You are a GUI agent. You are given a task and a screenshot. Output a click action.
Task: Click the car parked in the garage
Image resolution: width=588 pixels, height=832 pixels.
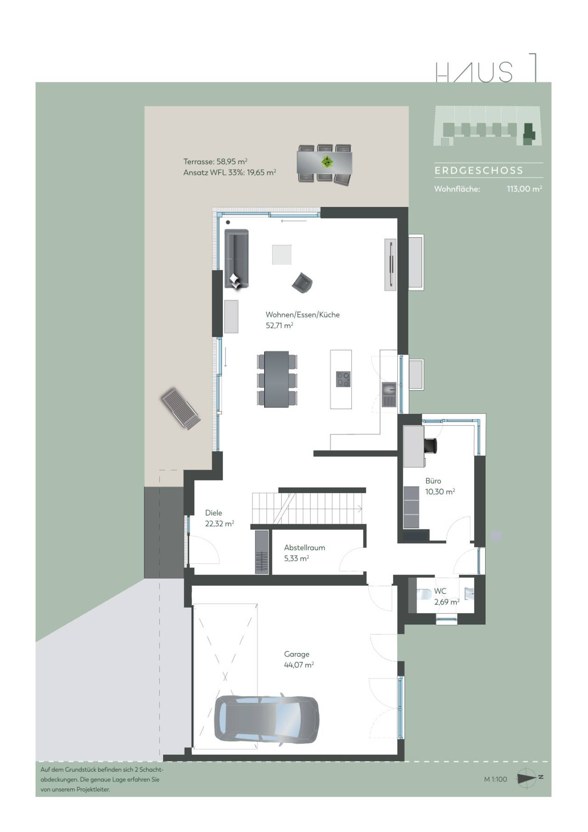click(x=266, y=718)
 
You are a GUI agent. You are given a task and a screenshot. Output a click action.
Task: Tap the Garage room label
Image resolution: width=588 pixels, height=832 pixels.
click(x=296, y=654)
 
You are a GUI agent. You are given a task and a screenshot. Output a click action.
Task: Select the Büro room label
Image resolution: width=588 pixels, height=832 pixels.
click(x=433, y=481)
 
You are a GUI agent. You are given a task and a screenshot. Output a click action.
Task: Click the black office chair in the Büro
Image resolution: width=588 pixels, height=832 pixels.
click(x=430, y=446)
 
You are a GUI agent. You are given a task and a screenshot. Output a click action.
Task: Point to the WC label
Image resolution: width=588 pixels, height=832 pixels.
click(x=440, y=591)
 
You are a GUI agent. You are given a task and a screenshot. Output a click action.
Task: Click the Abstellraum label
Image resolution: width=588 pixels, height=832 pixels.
click(x=304, y=547)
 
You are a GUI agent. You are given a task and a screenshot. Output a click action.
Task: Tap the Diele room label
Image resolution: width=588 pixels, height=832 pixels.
click(x=213, y=512)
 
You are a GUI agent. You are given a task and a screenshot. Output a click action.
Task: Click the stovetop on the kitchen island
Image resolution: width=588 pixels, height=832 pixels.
click(x=343, y=379)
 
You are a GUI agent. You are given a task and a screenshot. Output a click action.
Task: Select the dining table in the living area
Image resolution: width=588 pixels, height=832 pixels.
click(x=277, y=379)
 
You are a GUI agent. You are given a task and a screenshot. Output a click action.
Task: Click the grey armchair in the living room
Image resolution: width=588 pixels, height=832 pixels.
click(x=302, y=282)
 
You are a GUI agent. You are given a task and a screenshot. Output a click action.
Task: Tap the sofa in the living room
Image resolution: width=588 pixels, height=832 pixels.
click(x=236, y=258)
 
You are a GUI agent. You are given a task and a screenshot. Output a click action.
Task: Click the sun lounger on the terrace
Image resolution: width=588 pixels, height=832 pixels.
click(x=181, y=408)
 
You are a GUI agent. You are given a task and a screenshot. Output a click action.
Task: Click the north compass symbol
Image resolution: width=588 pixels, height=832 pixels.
click(x=527, y=778)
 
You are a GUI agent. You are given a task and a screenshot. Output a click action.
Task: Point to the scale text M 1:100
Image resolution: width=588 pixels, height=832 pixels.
click(x=495, y=779)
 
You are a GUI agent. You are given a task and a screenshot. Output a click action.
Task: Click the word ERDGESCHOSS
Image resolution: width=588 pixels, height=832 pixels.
click(x=479, y=171)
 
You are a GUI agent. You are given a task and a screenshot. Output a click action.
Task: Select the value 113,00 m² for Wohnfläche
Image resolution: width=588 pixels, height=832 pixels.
click(x=524, y=189)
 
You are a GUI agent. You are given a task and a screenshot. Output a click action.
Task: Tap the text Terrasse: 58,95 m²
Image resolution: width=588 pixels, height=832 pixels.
click(x=215, y=161)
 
